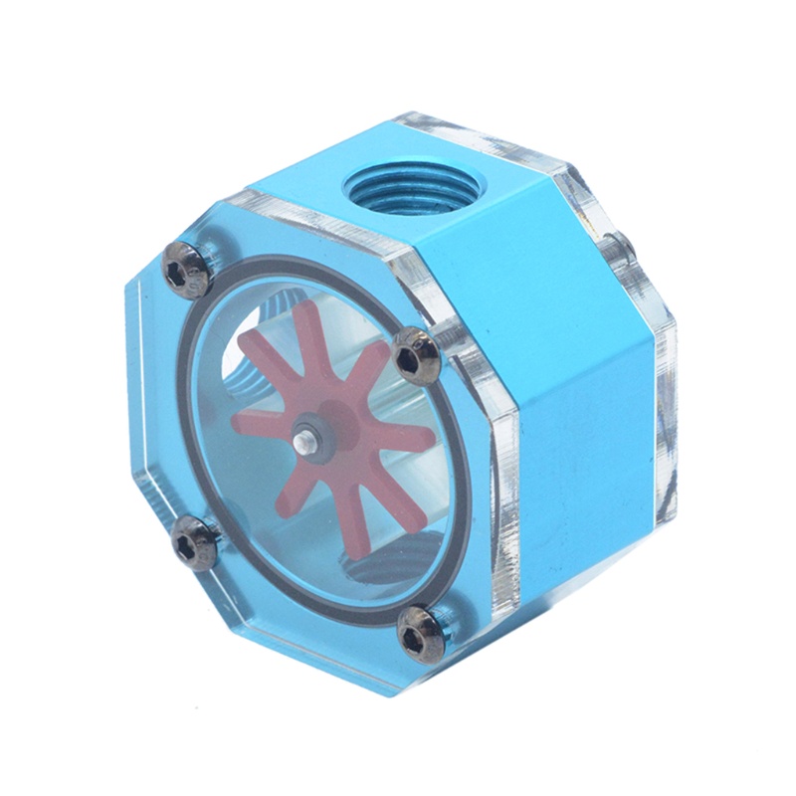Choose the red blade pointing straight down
point(316,507)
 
